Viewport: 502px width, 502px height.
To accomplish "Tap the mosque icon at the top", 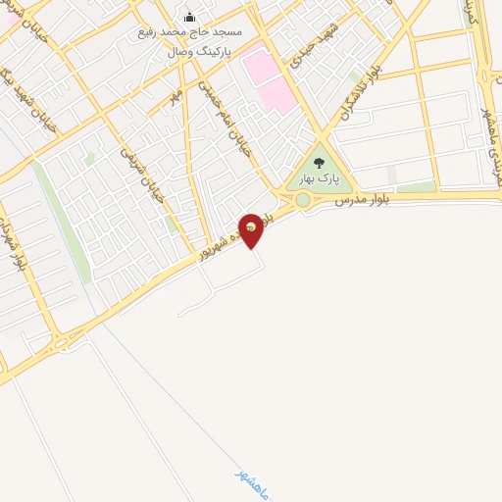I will tap(190, 17).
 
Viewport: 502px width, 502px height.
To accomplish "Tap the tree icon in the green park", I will tap(318, 162).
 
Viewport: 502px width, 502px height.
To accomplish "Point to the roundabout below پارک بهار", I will tap(303, 200).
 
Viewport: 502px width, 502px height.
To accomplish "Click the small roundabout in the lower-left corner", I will tap(61, 343).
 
